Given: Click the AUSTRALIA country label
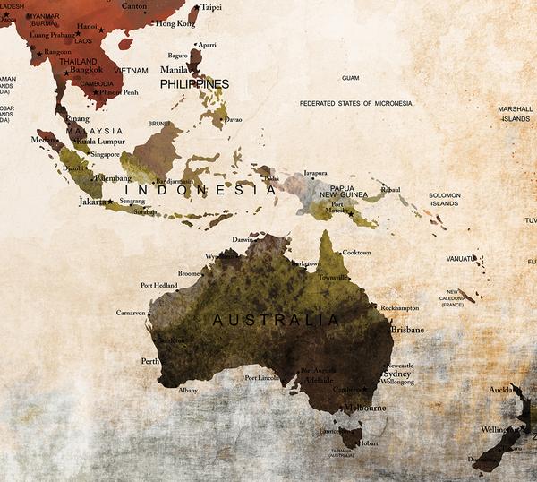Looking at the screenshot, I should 276,320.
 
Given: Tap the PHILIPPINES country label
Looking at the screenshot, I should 194,84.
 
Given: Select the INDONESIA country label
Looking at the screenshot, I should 200,191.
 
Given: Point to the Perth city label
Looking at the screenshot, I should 149,362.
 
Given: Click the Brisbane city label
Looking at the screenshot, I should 406,330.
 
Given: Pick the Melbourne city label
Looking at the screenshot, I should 364,408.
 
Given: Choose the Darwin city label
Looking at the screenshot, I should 243,240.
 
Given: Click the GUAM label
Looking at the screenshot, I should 350,78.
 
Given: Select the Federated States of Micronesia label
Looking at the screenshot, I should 356,104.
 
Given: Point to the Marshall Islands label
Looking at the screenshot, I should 515,114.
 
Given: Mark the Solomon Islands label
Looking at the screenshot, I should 444,199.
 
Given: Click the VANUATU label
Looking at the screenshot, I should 461,259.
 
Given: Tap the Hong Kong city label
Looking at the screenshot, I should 175,24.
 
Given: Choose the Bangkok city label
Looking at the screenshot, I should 86,70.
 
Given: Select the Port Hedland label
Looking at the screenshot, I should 160,286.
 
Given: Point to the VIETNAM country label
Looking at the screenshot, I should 131,70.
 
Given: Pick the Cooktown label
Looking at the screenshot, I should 356,253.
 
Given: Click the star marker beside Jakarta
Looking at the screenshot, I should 110,202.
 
